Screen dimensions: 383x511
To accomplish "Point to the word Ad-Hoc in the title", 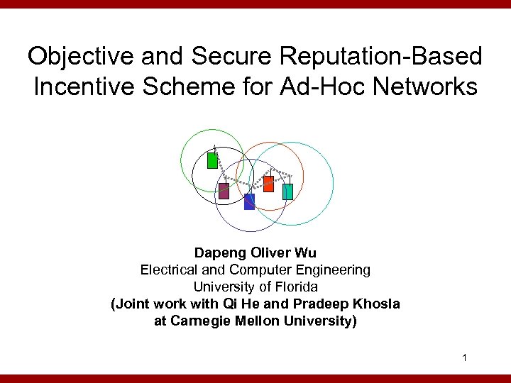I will point(319,87).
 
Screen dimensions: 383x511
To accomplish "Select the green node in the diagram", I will point(212,160).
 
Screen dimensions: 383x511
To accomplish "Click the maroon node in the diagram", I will point(224,190).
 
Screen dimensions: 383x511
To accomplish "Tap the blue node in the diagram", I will point(249,202).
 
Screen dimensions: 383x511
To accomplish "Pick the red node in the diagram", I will point(268,184).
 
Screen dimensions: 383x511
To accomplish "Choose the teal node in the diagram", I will point(287,191).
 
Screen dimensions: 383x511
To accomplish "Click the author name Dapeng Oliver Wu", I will point(255,252).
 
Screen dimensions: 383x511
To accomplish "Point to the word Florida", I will point(297,287).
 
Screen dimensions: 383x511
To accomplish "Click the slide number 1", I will point(463,357).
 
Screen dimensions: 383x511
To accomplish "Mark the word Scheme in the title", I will point(185,87).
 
